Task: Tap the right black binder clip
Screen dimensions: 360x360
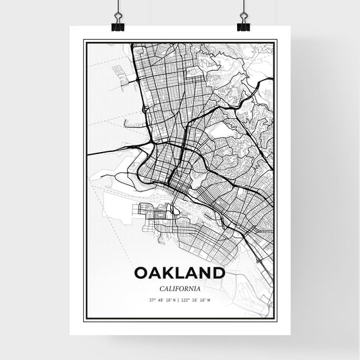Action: [x=243, y=25]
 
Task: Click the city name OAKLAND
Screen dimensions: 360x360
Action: [x=180, y=273]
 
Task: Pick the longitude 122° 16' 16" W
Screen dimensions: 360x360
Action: [x=198, y=300]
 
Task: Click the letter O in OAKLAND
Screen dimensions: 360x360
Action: [x=141, y=273]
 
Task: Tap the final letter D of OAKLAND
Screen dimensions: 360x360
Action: [x=218, y=273]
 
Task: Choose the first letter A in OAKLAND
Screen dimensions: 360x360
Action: [x=155, y=273]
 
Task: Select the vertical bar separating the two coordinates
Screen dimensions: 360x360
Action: [x=180, y=300]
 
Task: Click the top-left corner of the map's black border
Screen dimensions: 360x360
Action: [x=84, y=41]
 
